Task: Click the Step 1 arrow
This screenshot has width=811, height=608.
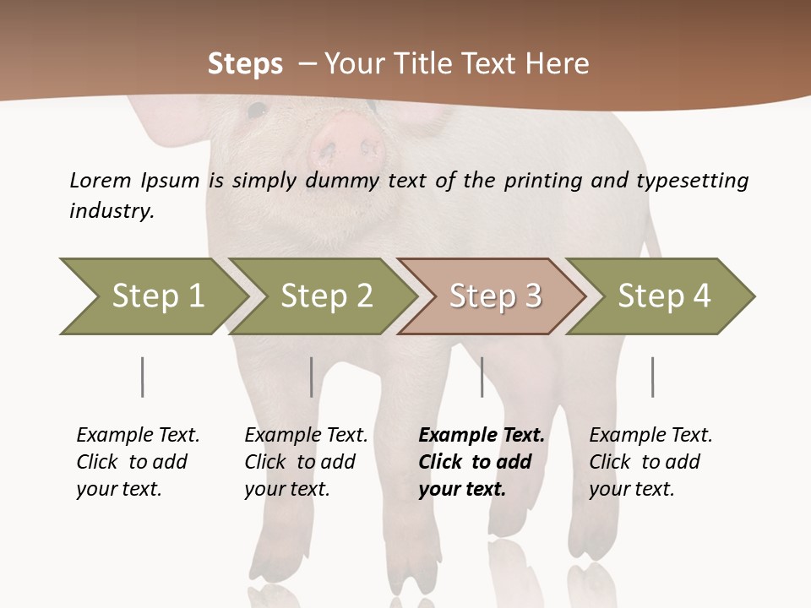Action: pyautogui.click(x=152, y=296)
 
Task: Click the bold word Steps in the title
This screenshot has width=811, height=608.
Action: pyautogui.click(x=246, y=64)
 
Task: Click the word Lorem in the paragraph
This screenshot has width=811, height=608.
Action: pyautogui.click(x=101, y=181)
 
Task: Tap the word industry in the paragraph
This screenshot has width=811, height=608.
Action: pyautogui.click(x=112, y=211)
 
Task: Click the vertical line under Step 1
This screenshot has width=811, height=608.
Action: pyautogui.click(x=142, y=377)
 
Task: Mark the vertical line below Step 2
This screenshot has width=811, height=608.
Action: pyautogui.click(x=312, y=377)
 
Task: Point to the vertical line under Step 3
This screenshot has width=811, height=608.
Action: pyautogui.click(x=482, y=377)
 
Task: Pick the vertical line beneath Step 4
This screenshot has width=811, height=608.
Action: pyautogui.click(x=652, y=377)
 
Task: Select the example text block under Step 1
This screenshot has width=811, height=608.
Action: pyautogui.click(x=138, y=462)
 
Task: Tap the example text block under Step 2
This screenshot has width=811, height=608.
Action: pyautogui.click(x=306, y=462)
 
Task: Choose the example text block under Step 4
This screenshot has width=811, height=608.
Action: pyautogui.click(x=650, y=462)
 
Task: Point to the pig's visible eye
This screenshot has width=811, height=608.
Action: pyautogui.click(x=257, y=110)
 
